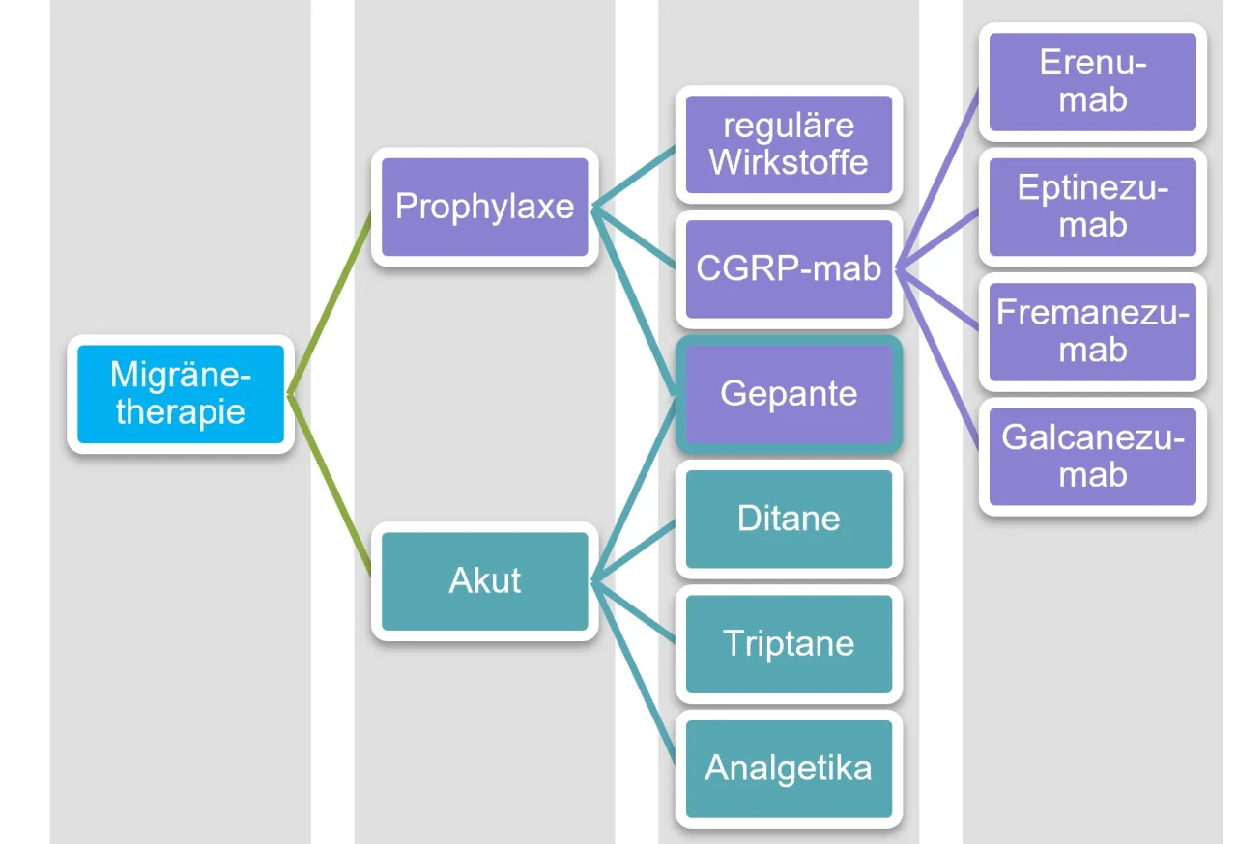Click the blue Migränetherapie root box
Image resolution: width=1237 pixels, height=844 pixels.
(180, 394)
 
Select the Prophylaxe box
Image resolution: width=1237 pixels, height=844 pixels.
(484, 207)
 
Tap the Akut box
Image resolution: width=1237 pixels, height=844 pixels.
(484, 581)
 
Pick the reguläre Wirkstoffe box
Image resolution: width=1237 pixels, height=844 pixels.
(789, 144)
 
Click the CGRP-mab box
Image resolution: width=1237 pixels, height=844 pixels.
(789, 268)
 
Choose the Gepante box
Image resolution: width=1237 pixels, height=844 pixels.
(789, 394)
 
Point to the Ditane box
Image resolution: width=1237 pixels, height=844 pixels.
(789, 519)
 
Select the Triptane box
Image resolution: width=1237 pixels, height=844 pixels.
(789, 643)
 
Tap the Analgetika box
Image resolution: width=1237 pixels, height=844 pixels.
(789, 769)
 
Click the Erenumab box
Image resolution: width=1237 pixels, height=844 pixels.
(1092, 82)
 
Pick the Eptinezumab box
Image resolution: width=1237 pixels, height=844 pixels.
(1092, 207)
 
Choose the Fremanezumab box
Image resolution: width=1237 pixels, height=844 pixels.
(1092, 331)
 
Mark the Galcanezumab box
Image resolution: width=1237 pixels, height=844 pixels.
(1092, 456)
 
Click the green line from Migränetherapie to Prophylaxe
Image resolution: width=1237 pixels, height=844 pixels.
(331, 301)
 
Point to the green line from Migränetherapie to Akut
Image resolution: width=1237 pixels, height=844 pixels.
(331, 488)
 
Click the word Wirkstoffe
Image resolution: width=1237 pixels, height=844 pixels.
(789, 161)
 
